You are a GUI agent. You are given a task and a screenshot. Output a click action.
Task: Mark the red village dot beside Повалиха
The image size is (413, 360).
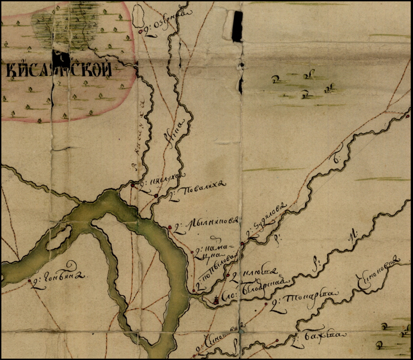(156, 196)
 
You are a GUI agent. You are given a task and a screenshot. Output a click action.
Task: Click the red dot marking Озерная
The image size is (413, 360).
(140, 32)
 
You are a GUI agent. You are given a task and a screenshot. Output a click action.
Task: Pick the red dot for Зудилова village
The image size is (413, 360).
(242, 243)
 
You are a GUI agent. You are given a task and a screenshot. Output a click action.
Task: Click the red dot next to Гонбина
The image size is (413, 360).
(29, 281)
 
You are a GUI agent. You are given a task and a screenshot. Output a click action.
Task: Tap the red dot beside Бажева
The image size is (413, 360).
(277, 341)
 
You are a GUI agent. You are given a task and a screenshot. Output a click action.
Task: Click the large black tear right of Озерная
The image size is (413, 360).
(238, 27)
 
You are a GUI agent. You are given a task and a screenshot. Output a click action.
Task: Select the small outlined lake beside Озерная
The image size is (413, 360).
(138, 16)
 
